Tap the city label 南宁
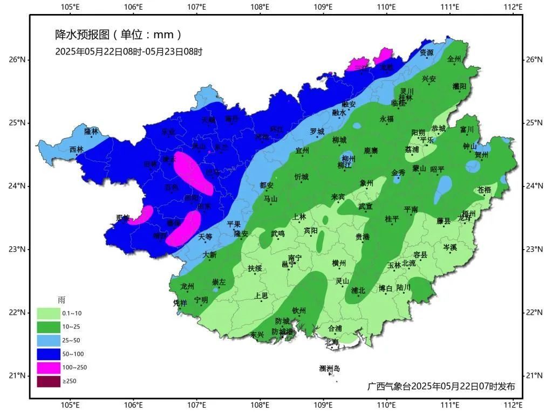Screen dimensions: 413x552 click(295, 258)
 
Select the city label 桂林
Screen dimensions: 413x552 click(405, 98)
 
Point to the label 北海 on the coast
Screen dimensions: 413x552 click(331, 342)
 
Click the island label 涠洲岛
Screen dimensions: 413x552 click(329, 369)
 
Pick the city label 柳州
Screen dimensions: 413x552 click(349, 159)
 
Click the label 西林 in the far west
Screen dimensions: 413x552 click(77, 149)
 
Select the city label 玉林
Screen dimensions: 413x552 click(394, 265)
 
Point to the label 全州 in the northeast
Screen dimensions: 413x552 click(454, 59)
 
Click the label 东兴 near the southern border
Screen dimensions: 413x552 click(257, 335)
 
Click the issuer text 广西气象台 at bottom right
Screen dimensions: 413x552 click(389, 387)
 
